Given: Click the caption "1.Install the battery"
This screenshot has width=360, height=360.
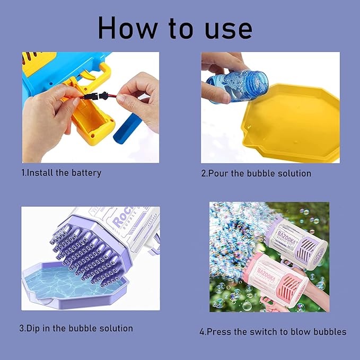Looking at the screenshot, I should click(x=62, y=173).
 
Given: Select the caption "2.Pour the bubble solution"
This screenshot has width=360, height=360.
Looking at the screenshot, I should click(x=256, y=173).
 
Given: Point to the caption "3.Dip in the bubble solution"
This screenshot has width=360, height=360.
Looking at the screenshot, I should click(x=76, y=328).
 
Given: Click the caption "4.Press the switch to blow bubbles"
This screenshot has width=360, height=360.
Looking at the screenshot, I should click(x=273, y=331).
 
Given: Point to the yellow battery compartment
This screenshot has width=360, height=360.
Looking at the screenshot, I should click(x=93, y=122).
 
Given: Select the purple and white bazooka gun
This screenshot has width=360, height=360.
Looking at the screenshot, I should click(x=294, y=239).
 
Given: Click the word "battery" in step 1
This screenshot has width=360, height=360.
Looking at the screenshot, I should click(x=85, y=173).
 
